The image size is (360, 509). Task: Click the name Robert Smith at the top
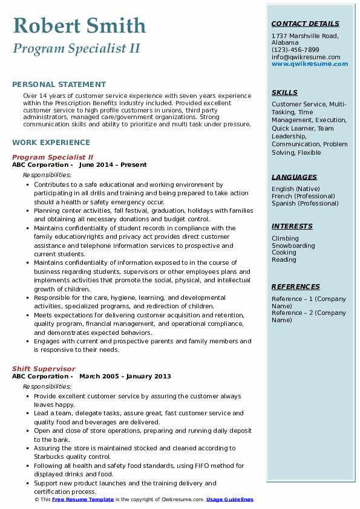(x=79, y=25)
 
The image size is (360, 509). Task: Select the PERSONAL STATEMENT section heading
(x=59, y=85)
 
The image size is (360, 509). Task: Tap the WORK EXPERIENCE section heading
(x=51, y=143)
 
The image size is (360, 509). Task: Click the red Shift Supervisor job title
(x=44, y=369)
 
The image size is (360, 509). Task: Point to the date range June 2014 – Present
(x=113, y=164)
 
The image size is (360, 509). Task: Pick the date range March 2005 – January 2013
(x=125, y=376)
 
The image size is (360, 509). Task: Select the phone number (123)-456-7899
(x=295, y=50)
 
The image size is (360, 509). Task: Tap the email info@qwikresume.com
(x=306, y=57)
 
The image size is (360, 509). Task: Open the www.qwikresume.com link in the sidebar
(x=310, y=63)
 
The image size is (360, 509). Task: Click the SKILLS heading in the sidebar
(x=284, y=92)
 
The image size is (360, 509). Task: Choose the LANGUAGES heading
(x=294, y=177)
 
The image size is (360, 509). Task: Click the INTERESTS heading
(x=292, y=226)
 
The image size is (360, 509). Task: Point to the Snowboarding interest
(x=293, y=245)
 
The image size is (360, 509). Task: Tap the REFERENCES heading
(x=295, y=287)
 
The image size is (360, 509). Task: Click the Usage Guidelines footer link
(x=229, y=500)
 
